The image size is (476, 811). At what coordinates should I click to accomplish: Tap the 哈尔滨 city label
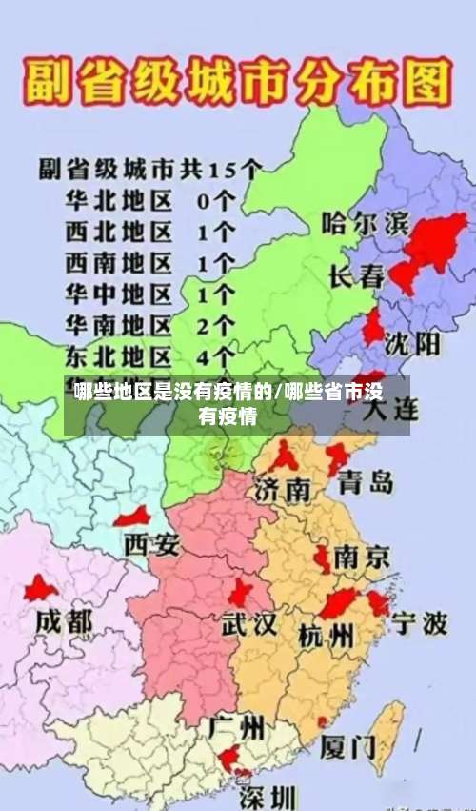click(366, 226)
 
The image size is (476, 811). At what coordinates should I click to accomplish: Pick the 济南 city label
click(284, 490)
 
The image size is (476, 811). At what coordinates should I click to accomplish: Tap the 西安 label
click(151, 545)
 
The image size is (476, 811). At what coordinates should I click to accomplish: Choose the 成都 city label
click(65, 622)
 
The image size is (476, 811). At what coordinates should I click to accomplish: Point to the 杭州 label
click(326, 634)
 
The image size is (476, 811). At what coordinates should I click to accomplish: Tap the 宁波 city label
click(420, 624)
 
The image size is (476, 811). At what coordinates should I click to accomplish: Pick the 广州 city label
click(236, 729)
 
